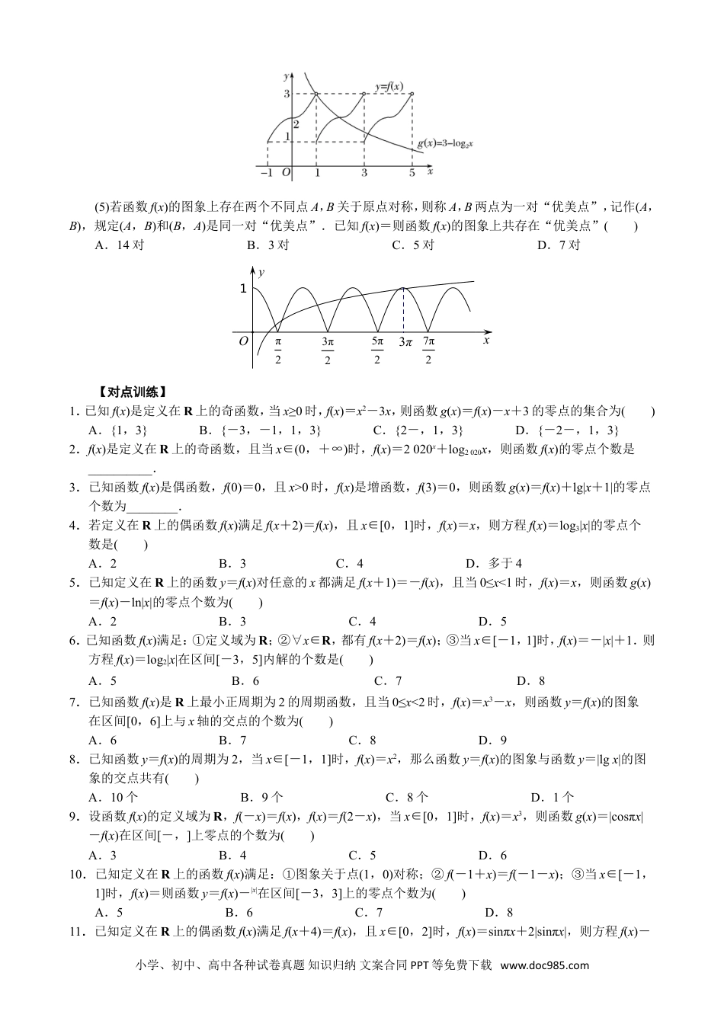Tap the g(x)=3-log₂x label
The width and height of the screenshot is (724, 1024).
445,142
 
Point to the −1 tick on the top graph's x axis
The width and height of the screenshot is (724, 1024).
266,173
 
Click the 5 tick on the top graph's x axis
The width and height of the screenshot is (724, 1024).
412,173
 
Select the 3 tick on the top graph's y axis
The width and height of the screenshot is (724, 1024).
287,94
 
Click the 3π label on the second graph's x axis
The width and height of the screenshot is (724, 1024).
405,342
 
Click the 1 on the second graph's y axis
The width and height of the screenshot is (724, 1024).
243,288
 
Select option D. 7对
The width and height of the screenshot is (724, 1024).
558,245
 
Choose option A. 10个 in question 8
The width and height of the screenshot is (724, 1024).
114,798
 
